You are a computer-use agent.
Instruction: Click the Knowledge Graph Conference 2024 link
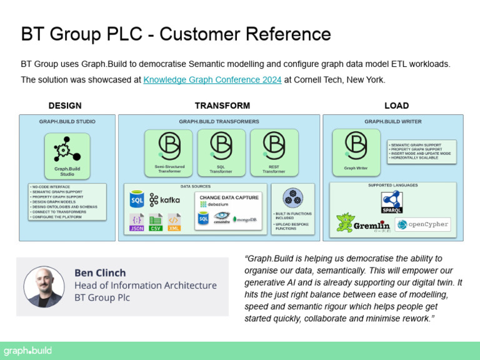(x=212, y=80)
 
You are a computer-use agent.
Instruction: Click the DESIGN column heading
(x=65, y=106)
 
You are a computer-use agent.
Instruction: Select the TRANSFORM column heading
(x=222, y=106)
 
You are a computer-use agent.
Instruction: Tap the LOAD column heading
(x=396, y=106)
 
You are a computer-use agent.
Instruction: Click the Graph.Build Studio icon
(x=63, y=149)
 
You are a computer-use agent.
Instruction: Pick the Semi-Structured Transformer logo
(x=168, y=145)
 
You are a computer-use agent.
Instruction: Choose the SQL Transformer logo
(x=221, y=145)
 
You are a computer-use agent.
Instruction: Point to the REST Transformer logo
(x=274, y=145)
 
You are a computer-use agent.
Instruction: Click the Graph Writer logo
(x=356, y=145)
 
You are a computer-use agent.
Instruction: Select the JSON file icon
(x=137, y=222)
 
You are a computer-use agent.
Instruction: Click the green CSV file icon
(x=156, y=222)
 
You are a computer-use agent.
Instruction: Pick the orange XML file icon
(x=174, y=222)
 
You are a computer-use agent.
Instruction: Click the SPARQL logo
(x=392, y=202)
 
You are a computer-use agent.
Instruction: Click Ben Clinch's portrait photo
(x=44, y=287)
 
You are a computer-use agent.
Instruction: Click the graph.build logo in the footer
(x=27, y=351)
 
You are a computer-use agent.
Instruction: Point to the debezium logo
(x=212, y=204)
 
